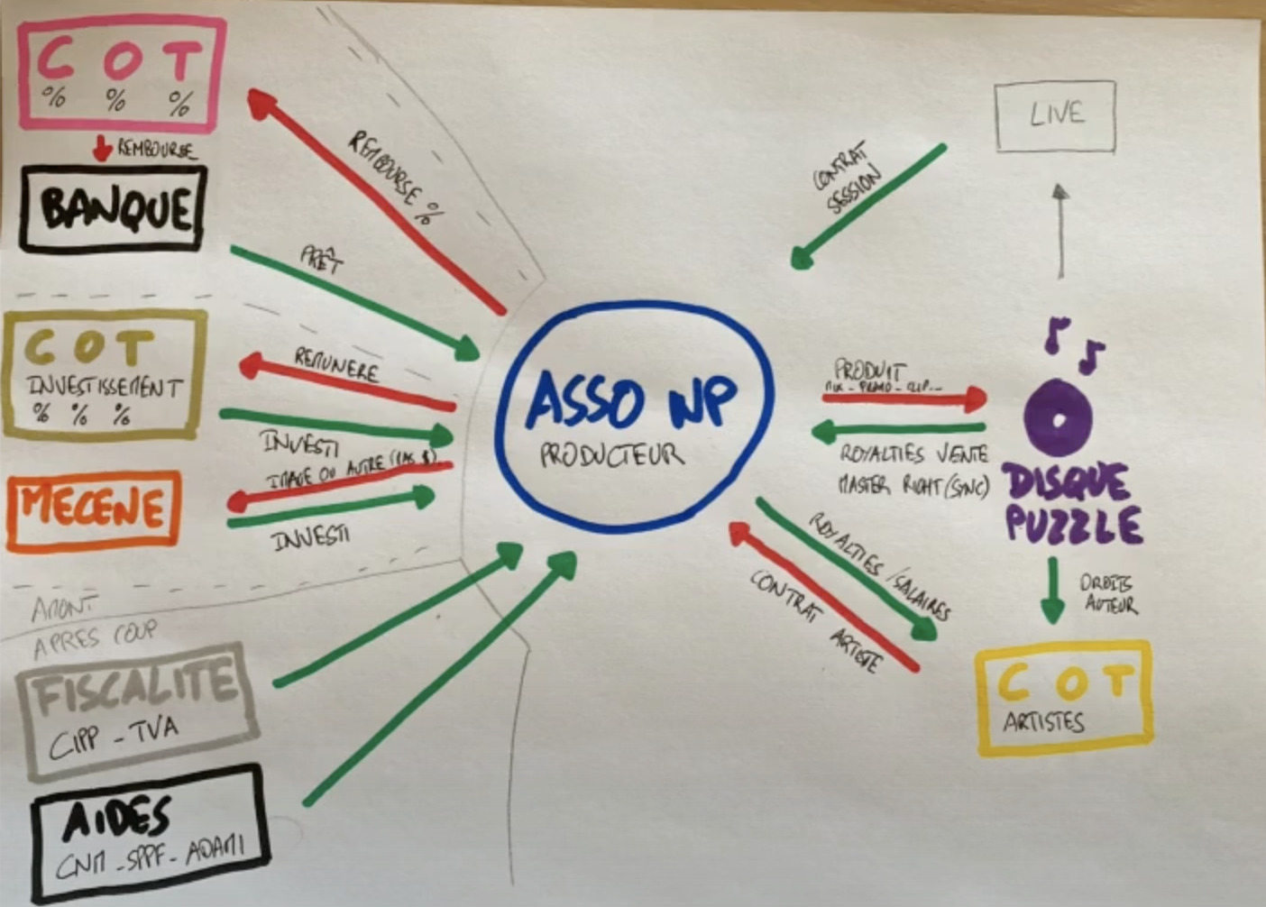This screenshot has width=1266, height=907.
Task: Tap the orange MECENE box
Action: click(93, 511)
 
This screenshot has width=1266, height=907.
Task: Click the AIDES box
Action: click(149, 833)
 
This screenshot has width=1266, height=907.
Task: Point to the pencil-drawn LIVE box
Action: click(1055, 115)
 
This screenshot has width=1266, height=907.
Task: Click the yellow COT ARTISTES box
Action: click(1064, 697)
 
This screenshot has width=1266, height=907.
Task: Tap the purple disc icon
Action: click(1059, 419)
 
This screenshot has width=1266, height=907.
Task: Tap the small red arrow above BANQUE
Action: click(103, 148)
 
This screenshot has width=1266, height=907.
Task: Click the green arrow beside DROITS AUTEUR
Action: click(1052, 591)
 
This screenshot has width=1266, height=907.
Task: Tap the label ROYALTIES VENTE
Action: click(913, 453)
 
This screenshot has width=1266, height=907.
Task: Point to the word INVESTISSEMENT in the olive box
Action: click(105, 388)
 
